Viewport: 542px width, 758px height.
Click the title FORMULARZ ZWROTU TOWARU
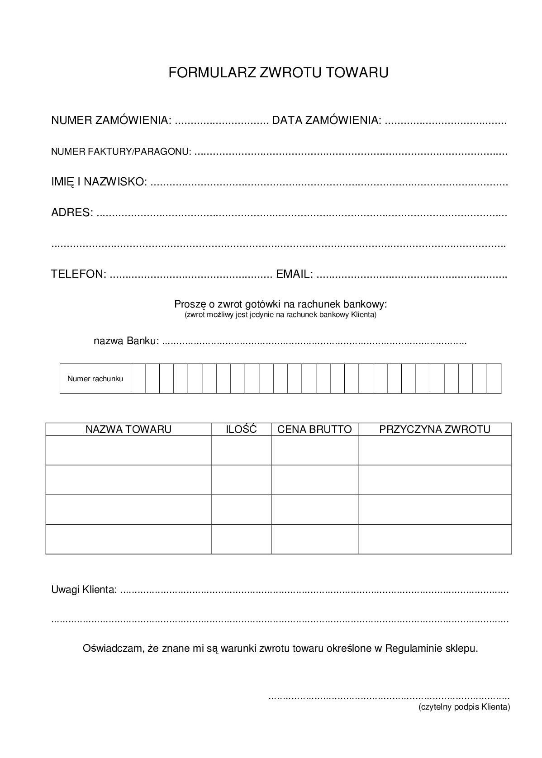pyautogui.click(x=278, y=73)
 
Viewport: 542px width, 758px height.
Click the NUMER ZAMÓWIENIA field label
pyautogui.click(x=111, y=120)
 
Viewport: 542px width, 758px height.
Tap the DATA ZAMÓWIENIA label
pyautogui.click(x=326, y=120)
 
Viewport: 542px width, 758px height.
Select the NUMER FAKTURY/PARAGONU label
pyautogui.click(x=121, y=152)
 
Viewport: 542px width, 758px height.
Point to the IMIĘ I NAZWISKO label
pyautogui.click(x=99, y=182)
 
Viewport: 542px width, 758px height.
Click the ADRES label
pyautogui.click(x=72, y=213)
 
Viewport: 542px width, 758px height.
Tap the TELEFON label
pyautogui.click(x=79, y=274)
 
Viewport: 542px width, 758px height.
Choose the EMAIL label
pyautogui.click(x=294, y=274)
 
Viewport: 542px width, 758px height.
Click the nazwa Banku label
pyautogui.click(x=126, y=341)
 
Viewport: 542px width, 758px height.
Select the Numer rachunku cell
pyautogui.click(x=95, y=379)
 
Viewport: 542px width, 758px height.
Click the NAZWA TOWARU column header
pyautogui.click(x=128, y=429)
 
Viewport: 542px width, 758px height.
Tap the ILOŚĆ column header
pyautogui.click(x=241, y=429)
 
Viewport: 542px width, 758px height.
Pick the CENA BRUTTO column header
pyautogui.click(x=314, y=429)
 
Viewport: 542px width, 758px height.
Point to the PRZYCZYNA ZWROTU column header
pyautogui.click(x=434, y=429)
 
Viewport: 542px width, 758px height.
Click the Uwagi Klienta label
pyautogui.click(x=84, y=590)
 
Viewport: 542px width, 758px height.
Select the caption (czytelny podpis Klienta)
pyautogui.click(x=464, y=707)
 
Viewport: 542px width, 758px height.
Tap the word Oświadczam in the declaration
pyautogui.click(x=113, y=649)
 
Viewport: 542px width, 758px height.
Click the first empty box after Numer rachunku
pyautogui.click(x=138, y=379)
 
